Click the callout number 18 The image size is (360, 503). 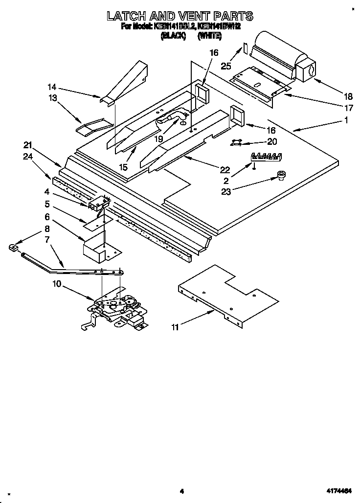pyautogui.click(x=348, y=96)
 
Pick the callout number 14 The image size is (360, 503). pyautogui.click(x=52, y=88)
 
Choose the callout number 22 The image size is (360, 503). pyautogui.click(x=225, y=170)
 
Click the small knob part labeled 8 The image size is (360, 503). pyautogui.click(x=13, y=248)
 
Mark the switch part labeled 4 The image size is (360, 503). pyautogui.click(x=98, y=203)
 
